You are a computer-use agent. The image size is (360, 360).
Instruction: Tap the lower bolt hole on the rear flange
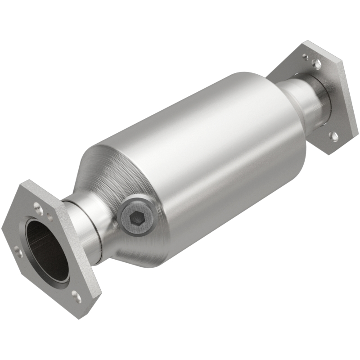tap(333, 135)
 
